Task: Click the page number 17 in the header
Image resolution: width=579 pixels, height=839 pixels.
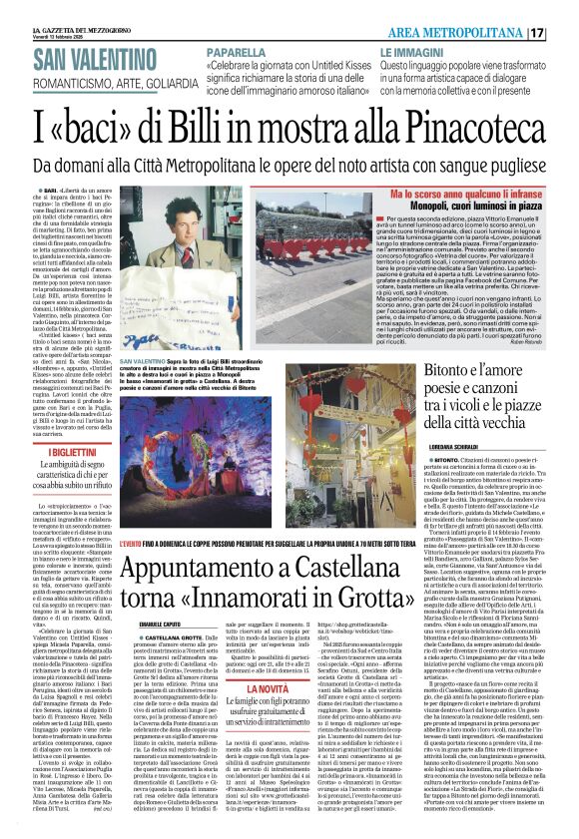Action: point(564,32)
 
